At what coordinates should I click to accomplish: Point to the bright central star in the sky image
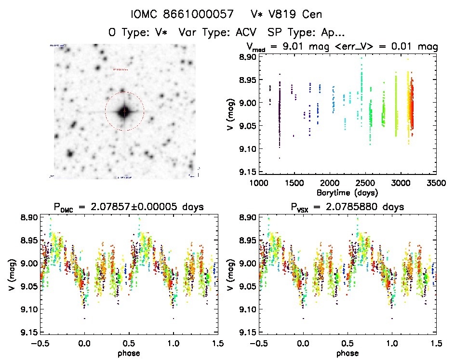(x=124, y=111)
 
